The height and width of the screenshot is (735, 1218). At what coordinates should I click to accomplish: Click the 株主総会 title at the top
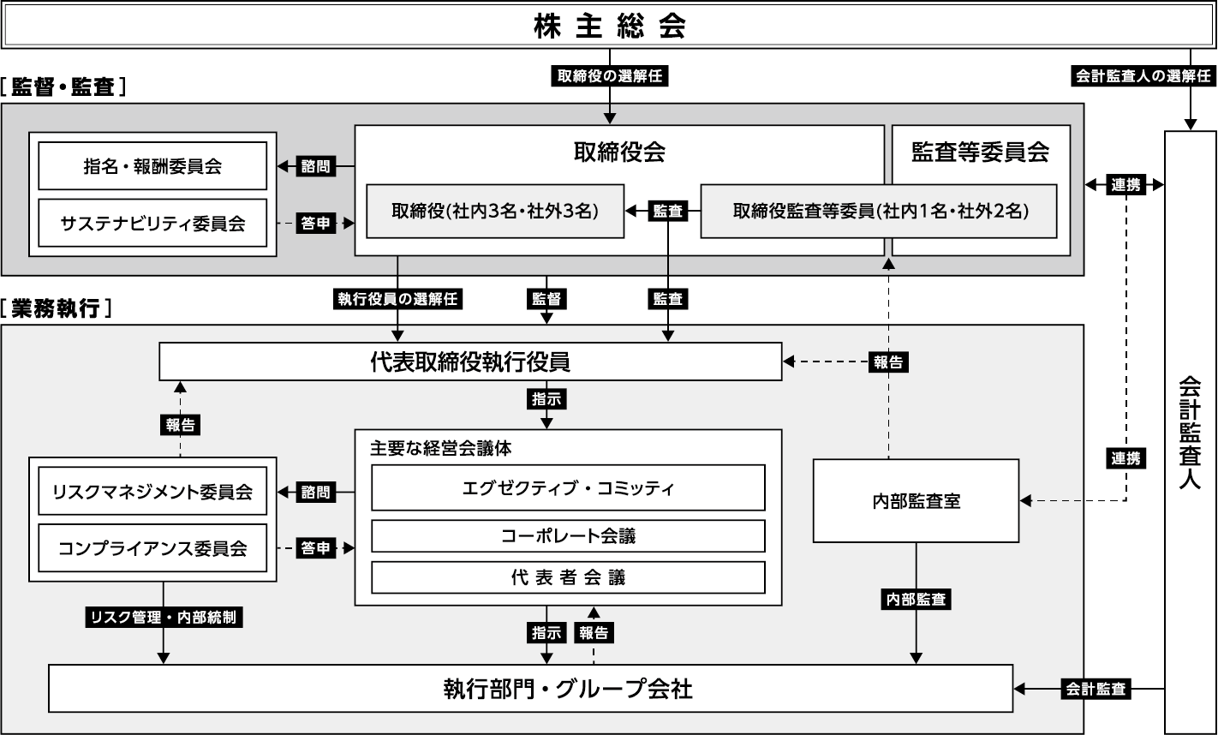609,26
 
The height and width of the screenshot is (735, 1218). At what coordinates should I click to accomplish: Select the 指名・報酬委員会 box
152,165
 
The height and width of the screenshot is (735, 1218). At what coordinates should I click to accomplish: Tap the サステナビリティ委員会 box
152,223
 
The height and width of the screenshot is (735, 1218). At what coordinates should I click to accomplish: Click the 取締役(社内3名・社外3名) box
495,210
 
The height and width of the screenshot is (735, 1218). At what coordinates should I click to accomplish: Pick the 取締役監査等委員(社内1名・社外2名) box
879,210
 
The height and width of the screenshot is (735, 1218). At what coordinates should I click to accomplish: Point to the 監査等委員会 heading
981,152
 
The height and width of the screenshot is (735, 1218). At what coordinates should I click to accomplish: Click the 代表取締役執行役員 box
470,362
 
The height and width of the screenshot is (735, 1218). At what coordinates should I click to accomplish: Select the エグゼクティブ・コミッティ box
568,488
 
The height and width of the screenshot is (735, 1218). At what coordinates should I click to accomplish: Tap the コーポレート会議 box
568,536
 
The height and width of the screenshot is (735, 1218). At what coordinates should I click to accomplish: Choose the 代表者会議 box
568,577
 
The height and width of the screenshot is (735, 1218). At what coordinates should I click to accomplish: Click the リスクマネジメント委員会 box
152,492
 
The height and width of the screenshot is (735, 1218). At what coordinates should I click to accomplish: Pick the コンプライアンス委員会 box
152,548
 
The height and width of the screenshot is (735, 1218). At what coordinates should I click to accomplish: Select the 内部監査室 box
916,501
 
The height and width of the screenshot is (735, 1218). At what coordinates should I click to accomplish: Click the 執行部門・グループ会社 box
531,688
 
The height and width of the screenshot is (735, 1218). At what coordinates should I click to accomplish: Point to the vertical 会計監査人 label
1190,433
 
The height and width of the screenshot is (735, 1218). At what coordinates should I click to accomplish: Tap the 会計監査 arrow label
1095,688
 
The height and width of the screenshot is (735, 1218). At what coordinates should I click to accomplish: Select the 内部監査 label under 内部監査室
916,600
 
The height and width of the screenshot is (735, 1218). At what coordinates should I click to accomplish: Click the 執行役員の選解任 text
397,299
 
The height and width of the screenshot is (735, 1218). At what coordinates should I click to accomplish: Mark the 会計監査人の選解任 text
1143,76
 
